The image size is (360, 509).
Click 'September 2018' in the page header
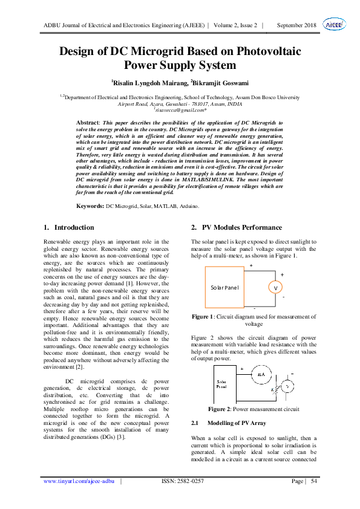(297, 25)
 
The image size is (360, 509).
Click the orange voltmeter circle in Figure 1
(276, 288)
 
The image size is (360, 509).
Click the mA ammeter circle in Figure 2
(261, 375)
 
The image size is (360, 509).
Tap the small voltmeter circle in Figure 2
(288, 385)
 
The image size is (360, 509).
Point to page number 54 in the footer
(314, 481)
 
